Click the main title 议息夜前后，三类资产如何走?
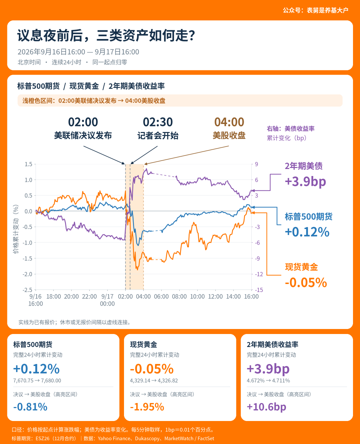click(x=106, y=35)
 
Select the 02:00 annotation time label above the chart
click(x=83, y=122)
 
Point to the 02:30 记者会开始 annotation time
click(x=158, y=122)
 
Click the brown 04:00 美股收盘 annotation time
click(x=229, y=122)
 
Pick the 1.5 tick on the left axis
click(x=29, y=164)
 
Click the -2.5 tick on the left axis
click(x=28, y=290)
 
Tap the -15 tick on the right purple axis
click(x=259, y=290)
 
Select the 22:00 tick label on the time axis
click(x=89, y=296)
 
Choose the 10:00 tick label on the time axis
click(x=197, y=296)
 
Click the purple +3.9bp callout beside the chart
click(x=305, y=182)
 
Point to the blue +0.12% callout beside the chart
click(x=307, y=232)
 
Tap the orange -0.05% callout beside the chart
click(x=306, y=283)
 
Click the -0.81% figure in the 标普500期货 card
click(x=30, y=407)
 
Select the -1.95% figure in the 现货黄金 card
click(x=147, y=407)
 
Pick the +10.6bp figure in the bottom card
click(x=266, y=407)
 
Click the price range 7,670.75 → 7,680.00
click(x=37, y=381)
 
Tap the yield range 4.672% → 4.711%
click(x=268, y=381)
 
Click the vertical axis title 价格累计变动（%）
click(x=16, y=229)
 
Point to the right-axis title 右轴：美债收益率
click(x=291, y=129)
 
